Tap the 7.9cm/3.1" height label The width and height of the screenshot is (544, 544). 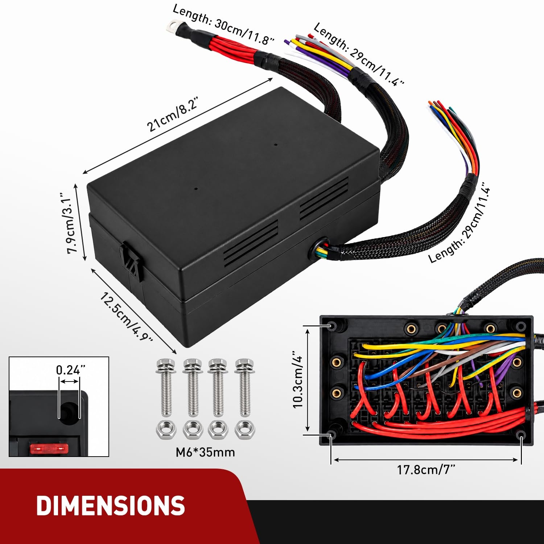(x=73, y=223)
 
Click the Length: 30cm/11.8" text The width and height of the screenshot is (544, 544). (x=223, y=25)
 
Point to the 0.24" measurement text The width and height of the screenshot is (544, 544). (x=70, y=370)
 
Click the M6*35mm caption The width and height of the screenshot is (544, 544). (x=205, y=452)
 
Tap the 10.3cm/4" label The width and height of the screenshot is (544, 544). (x=297, y=379)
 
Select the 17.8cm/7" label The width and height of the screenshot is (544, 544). (x=426, y=470)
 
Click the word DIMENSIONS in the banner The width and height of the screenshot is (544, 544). (x=111, y=506)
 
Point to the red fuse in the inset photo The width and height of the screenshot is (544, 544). (x=49, y=449)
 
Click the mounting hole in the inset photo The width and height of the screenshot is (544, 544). (x=69, y=413)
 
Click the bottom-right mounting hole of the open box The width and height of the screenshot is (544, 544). (x=522, y=434)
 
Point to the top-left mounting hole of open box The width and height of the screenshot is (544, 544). (x=331, y=325)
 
